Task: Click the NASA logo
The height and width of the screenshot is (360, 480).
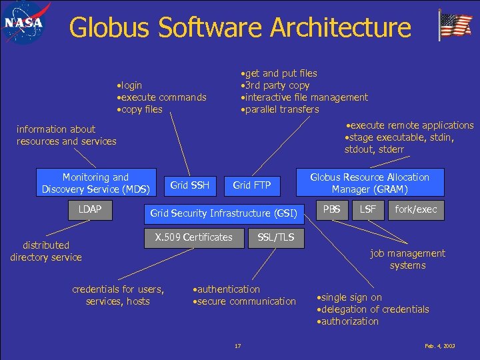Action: [26, 25]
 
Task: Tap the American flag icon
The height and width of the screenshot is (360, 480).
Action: [455, 26]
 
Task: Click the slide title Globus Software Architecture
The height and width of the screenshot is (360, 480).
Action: [240, 27]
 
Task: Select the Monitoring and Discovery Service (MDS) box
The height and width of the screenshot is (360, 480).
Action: [95, 183]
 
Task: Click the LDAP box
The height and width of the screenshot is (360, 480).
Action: [90, 210]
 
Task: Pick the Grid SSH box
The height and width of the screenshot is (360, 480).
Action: [190, 185]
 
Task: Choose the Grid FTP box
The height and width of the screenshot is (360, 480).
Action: [252, 185]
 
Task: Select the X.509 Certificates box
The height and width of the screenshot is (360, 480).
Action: [194, 237]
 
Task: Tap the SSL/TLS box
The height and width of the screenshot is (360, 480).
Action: [275, 237]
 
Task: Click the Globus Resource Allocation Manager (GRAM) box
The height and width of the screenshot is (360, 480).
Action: [370, 183]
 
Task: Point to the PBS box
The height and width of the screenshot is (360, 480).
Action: [332, 210]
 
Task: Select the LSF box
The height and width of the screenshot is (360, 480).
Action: [368, 210]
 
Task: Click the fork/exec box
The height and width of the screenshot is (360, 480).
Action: [416, 210]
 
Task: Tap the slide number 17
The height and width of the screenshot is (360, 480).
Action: [238, 346]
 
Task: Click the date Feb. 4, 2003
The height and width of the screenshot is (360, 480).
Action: [439, 346]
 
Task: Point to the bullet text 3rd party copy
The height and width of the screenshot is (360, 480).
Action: [279, 85]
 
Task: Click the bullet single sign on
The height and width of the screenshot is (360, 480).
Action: [351, 297]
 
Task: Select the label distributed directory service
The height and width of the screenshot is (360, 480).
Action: [46, 251]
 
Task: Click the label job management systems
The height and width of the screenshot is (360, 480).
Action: [407, 259]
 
